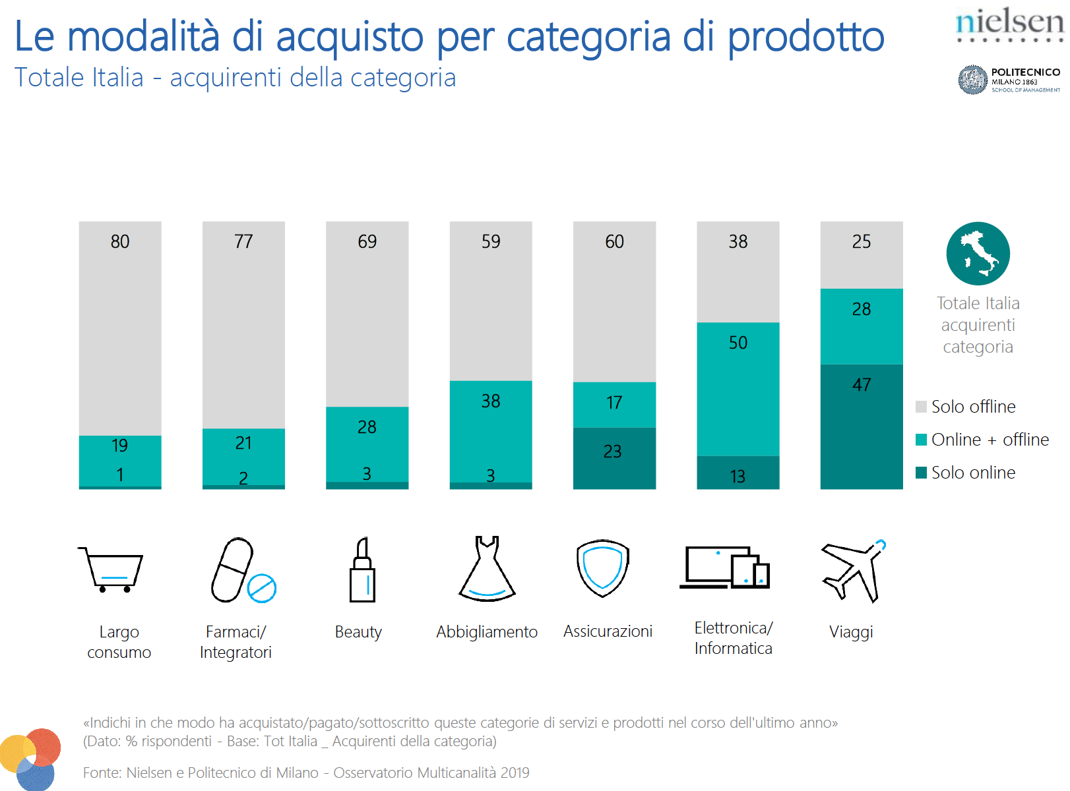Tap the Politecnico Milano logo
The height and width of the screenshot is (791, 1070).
point(1009,80)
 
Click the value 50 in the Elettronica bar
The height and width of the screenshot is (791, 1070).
point(738,343)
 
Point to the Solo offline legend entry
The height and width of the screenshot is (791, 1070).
point(966,407)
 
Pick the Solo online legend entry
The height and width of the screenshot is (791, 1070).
point(966,473)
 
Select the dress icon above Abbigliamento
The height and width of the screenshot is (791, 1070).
point(487,569)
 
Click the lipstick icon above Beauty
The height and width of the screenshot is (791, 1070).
point(362,570)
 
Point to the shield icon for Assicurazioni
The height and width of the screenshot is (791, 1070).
point(602,568)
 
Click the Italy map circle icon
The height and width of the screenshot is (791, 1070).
point(978,254)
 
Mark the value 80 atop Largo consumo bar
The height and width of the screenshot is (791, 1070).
point(120,242)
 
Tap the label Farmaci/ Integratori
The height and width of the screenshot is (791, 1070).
point(236,642)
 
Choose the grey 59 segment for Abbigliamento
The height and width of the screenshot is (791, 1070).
point(490,301)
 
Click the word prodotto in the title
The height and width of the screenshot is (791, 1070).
point(805,37)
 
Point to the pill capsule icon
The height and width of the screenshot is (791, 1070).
point(232,570)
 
